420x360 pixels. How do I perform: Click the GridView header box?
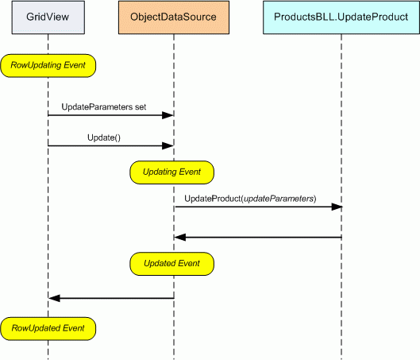[x=48, y=17]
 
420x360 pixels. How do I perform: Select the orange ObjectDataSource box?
[x=174, y=17]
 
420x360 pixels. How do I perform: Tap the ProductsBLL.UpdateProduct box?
[x=341, y=17]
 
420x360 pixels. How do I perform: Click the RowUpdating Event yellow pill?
[x=48, y=66]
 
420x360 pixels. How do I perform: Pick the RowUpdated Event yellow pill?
[x=48, y=329]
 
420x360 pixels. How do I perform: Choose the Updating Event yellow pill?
[x=171, y=172]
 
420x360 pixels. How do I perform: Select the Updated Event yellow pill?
[x=171, y=264]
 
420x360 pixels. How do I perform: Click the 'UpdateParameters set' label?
[x=104, y=107]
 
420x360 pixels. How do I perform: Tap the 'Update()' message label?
[x=104, y=137]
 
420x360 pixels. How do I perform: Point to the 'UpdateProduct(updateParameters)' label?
[x=250, y=199]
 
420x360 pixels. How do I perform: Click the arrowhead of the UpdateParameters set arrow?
[x=168, y=115]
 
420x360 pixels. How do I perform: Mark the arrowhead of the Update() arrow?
[x=168, y=145]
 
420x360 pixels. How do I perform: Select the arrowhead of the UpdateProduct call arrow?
[x=337, y=207]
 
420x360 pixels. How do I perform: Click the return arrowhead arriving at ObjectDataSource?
[x=180, y=238]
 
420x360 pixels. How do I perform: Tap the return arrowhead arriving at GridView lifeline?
[x=54, y=298]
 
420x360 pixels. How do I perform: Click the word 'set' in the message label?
[x=141, y=107]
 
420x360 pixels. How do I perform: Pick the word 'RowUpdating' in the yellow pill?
[x=36, y=65]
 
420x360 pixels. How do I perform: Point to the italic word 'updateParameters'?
[x=279, y=199]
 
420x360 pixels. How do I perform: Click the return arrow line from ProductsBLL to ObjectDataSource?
[x=258, y=238]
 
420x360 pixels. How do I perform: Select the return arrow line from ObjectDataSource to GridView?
[x=111, y=298]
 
